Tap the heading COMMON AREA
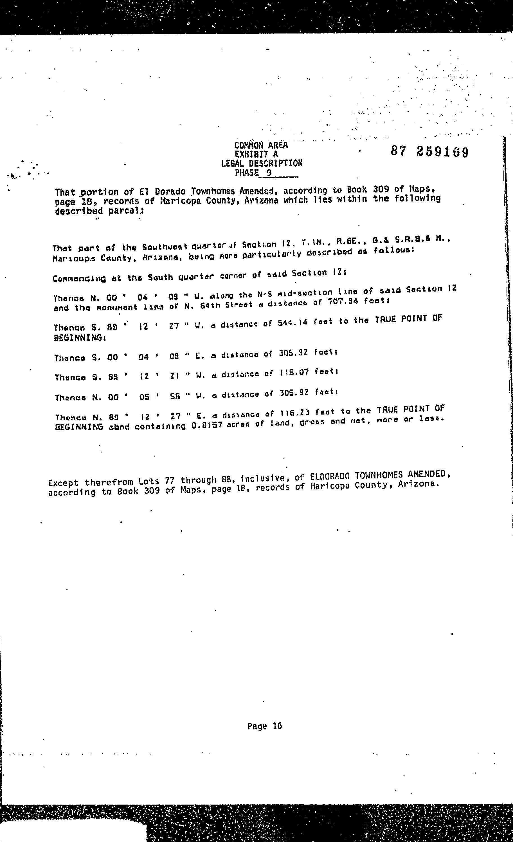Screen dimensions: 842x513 [x=261, y=145]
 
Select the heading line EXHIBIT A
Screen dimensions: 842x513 [x=256, y=154]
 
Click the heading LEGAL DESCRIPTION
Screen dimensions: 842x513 [x=262, y=163]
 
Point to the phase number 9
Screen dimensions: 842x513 [x=269, y=173]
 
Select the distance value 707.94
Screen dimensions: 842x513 [x=343, y=302]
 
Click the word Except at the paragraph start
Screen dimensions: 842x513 [x=64, y=483]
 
